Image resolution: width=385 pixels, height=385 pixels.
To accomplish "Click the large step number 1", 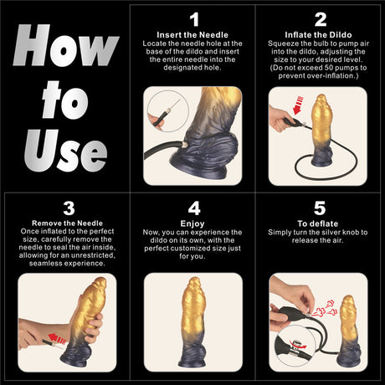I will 194,18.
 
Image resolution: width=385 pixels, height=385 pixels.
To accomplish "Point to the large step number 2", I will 320,18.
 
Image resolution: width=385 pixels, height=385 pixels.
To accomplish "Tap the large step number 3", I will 65,208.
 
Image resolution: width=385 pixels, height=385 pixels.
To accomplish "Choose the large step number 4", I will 194,208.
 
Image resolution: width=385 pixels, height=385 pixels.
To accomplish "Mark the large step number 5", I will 320,208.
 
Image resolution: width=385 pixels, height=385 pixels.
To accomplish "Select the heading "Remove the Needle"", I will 65,223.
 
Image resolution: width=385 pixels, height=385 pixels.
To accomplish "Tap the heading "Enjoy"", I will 194,223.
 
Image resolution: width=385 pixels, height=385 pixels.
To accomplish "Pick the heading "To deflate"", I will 320,223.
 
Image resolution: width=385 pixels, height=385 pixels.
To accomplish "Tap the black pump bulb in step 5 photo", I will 289,311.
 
